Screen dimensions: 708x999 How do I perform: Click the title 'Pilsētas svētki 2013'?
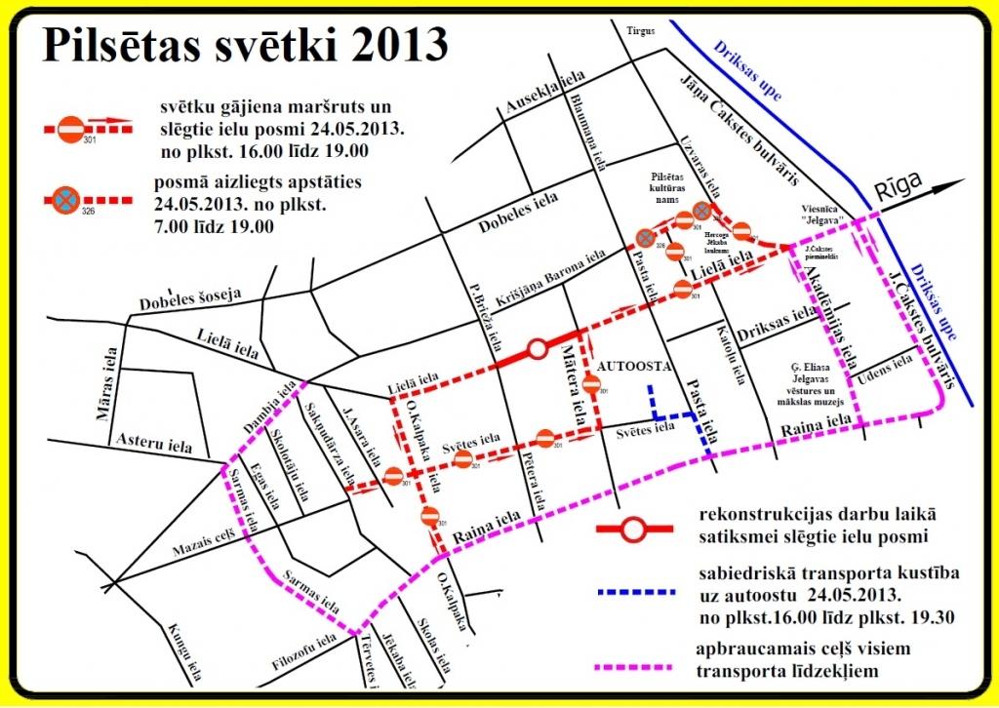point(245,45)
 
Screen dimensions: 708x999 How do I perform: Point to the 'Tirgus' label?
point(642,30)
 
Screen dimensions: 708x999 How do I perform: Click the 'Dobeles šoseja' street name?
point(202,295)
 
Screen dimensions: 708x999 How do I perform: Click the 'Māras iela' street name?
point(104,383)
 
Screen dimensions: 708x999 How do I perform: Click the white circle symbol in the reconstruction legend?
point(634,531)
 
